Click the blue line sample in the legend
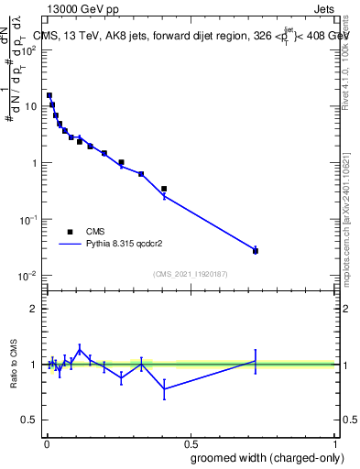click(x=70, y=245)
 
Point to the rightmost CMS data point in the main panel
click(x=256, y=250)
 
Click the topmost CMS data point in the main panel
click(x=49, y=95)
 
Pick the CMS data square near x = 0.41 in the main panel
click(x=164, y=189)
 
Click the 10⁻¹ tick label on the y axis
click(x=30, y=220)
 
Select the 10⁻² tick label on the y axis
click(x=30, y=277)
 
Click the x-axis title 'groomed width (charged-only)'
click(x=263, y=457)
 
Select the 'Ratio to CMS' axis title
click(x=14, y=364)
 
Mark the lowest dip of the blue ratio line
click(x=164, y=388)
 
